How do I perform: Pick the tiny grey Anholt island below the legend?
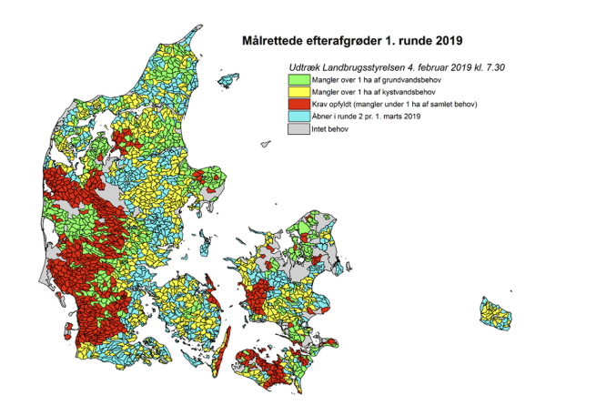[x=265, y=143]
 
